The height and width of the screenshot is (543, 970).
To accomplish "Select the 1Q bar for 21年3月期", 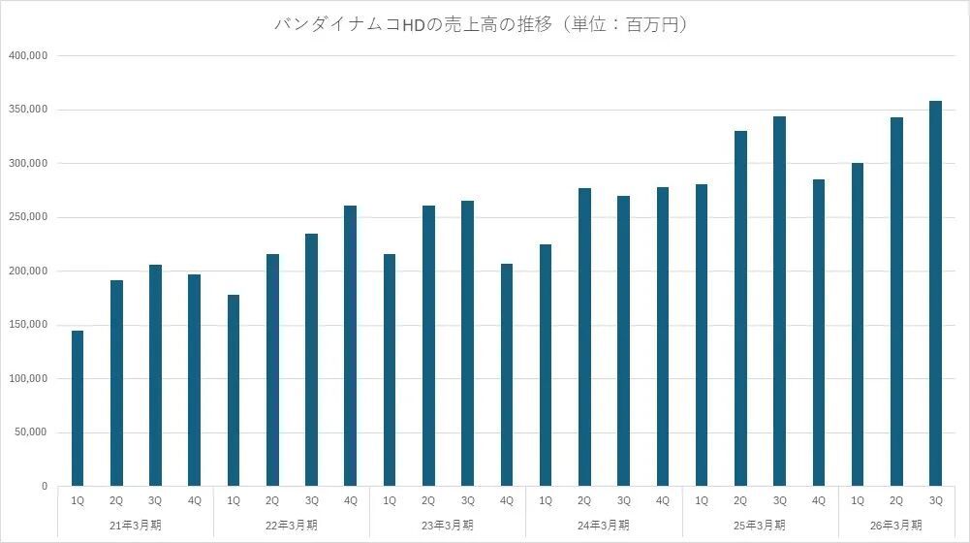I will [x=78, y=407].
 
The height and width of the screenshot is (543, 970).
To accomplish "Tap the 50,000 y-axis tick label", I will [x=30, y=432].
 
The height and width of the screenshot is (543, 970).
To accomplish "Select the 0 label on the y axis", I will [x=45, y=486].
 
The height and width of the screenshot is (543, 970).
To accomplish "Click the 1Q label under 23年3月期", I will [x=390, y=500].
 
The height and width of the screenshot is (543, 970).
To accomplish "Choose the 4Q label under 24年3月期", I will [x=662, y=500].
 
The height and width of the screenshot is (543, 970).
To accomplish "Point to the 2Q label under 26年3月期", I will [x=896, y=500].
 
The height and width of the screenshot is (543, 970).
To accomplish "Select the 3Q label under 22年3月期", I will [x=311, y=500].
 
